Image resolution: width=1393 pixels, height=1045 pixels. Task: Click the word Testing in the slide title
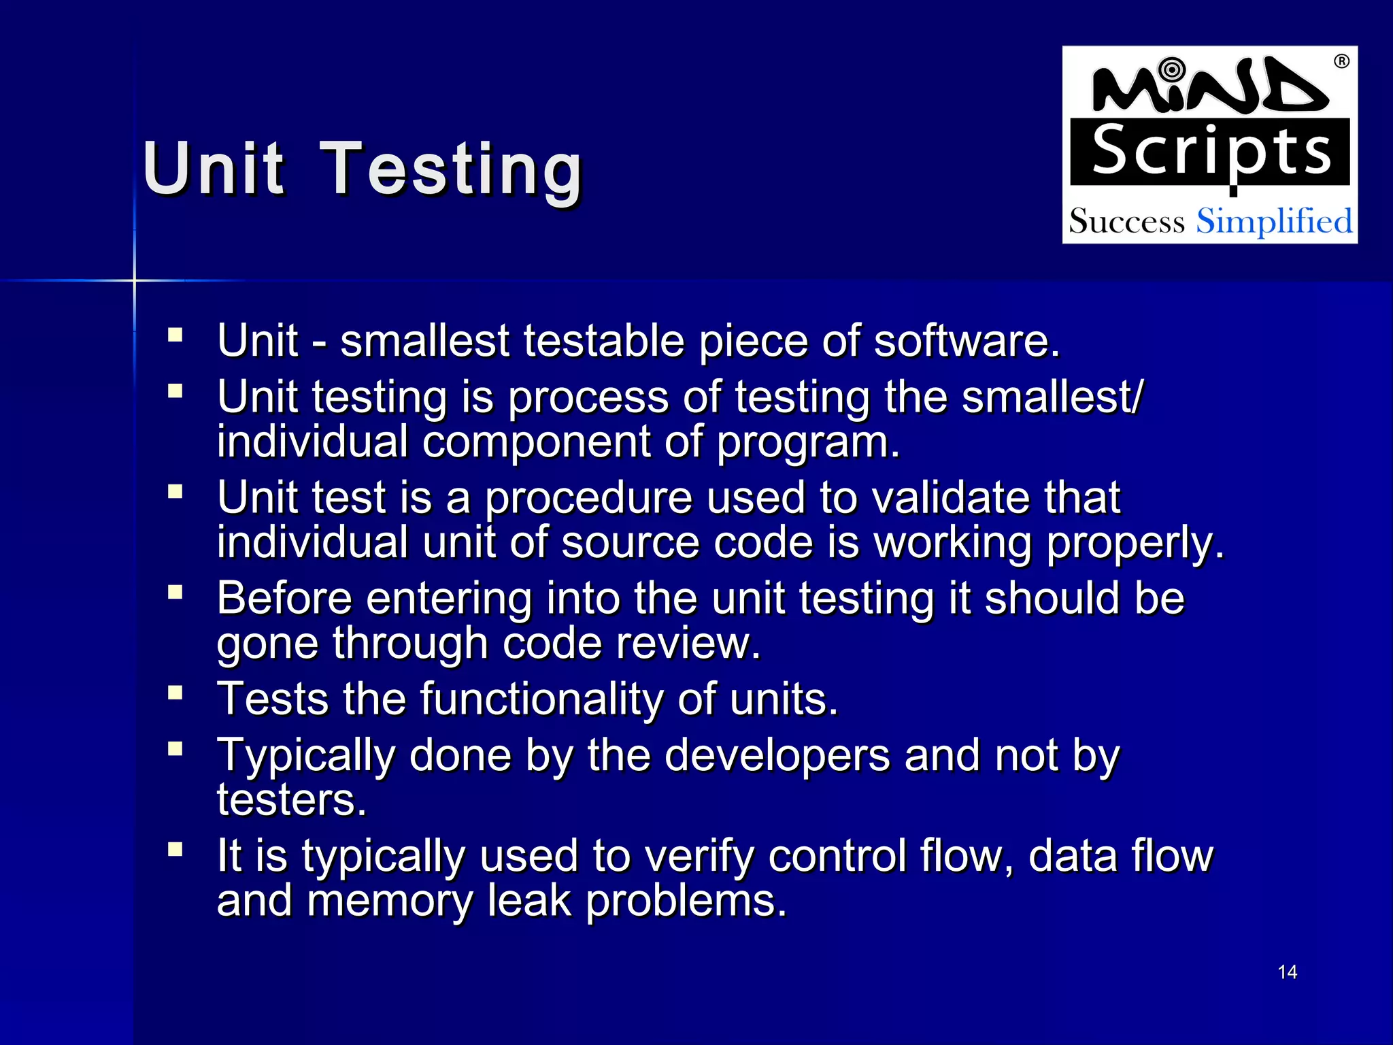tap(452, 170)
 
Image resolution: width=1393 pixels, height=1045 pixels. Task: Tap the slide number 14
tap(1287, 972)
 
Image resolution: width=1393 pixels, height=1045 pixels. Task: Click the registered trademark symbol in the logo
tap(1341, 62)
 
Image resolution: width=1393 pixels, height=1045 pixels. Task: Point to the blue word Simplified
tap(1274, 222)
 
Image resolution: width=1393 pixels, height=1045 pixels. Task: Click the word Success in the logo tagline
tap(1126, 222)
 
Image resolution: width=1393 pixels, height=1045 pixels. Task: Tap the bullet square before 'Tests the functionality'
tap(175, 693)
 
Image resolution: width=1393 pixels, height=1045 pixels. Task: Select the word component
tap(536, 442)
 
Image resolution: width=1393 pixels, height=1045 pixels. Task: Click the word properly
tap(1135, 543)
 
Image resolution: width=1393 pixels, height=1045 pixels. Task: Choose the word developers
tap(776, 756)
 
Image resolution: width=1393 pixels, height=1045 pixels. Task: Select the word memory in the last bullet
tap(390, 901)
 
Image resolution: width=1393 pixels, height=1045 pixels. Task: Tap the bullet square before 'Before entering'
tap(175, 592)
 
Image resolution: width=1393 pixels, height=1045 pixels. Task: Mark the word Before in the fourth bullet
tap(284, 599)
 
